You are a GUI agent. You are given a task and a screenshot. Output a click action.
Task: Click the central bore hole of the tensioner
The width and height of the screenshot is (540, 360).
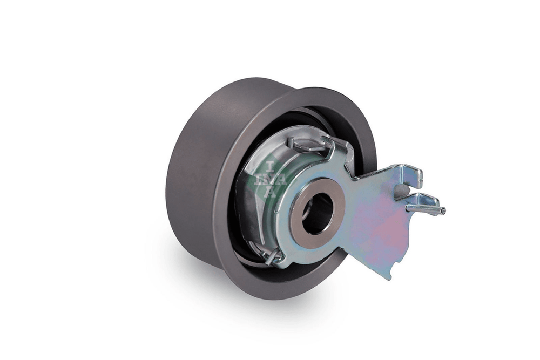point(318,213)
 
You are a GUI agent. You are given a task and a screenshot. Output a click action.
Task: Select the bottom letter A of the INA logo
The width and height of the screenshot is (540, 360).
point(271,192)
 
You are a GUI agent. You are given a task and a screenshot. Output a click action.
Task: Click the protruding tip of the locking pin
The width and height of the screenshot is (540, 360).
point(443,210)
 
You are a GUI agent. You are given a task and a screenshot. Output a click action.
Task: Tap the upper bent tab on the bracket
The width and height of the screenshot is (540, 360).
point(411,175)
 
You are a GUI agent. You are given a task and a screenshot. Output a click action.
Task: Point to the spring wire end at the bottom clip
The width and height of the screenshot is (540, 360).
point(272,256)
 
